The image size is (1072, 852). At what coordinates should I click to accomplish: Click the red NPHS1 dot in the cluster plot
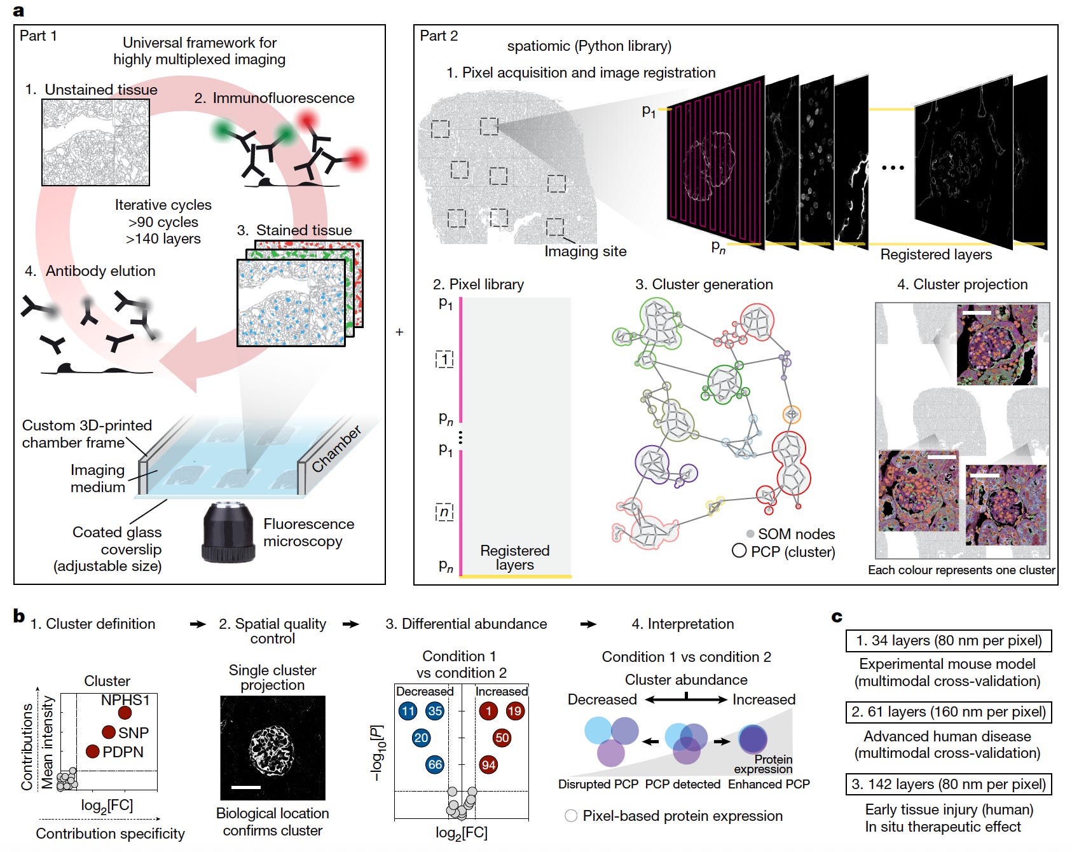click(125, 713)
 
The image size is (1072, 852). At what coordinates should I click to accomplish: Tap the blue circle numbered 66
click(435, 764)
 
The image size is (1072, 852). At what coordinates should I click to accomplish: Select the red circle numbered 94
click(488, 765)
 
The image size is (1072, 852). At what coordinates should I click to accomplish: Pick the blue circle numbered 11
click(408, 711)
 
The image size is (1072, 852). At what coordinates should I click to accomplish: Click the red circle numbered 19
click(514, 711)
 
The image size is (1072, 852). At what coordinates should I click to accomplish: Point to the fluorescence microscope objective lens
click(229, 531)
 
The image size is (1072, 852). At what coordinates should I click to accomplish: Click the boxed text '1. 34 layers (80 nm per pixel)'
click(948, 640)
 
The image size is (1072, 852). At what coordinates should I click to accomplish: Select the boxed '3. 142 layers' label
click(948, 784)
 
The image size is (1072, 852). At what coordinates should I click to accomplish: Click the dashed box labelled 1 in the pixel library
click(444, 359)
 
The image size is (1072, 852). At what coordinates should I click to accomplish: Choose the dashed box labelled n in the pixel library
click(444, 512)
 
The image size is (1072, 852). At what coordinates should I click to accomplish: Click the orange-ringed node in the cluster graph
click(792, 415)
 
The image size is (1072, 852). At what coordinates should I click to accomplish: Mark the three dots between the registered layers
click(893, 168)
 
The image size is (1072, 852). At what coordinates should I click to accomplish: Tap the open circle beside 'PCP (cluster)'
click(739, 551)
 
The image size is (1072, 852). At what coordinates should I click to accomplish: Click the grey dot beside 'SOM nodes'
click(750, 533)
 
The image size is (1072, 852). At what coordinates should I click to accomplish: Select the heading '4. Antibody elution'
click(90, 271)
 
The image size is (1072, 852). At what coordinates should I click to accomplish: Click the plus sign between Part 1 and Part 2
click(399, 332)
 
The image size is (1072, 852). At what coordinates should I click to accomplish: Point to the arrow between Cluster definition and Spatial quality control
click(198, 624)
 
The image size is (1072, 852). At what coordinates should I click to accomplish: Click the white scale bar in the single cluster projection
click(246, 787)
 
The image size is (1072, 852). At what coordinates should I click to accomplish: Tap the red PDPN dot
click(93, 752)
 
